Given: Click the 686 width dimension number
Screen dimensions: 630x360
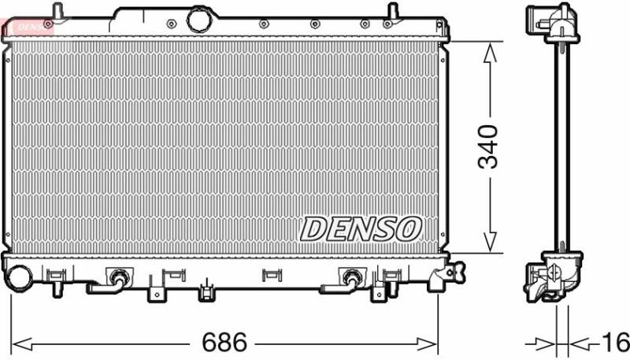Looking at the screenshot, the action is click(x=224, y=343).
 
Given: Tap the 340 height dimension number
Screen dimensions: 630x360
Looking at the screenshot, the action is click(x=487, y=147).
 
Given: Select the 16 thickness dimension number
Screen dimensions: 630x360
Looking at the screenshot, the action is click(x=615, y=343).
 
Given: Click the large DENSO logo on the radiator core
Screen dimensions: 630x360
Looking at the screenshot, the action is click(x=361, y=229).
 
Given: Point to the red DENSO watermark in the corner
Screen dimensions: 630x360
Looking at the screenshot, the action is click(x=28, y=27).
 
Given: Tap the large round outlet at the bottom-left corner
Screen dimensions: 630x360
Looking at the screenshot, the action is click(x=18, y=278).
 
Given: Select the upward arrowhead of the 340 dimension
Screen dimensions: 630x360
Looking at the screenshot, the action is click(x=490, y=53).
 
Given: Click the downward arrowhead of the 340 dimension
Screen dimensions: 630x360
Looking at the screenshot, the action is click(x=490, y=242).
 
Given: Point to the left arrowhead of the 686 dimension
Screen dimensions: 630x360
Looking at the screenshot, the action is click(x=22, y=344).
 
